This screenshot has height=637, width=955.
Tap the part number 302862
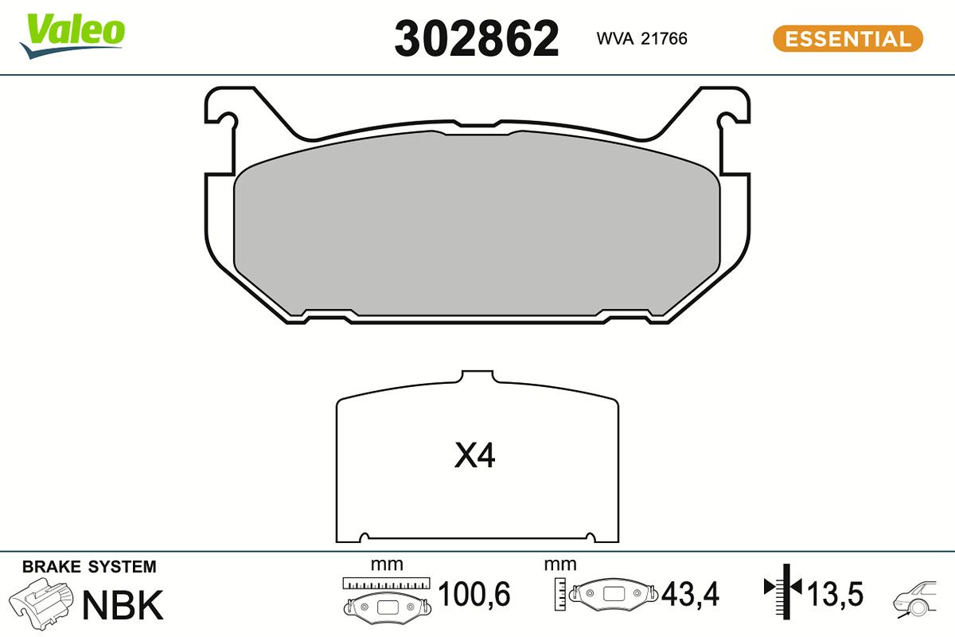pos(476,38)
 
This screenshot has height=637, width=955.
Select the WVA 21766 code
pos(641,38)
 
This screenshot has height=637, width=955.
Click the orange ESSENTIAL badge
pos(848,38)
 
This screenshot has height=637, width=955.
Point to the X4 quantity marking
pos(474,455)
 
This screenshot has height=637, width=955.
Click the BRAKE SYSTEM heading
pos(89,567)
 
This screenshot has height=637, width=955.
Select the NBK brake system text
pos(123,604)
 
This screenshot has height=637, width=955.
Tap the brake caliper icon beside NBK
pos(41,604)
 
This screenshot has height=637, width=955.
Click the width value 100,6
pos(474,593)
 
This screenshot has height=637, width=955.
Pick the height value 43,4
pos(690,593)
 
